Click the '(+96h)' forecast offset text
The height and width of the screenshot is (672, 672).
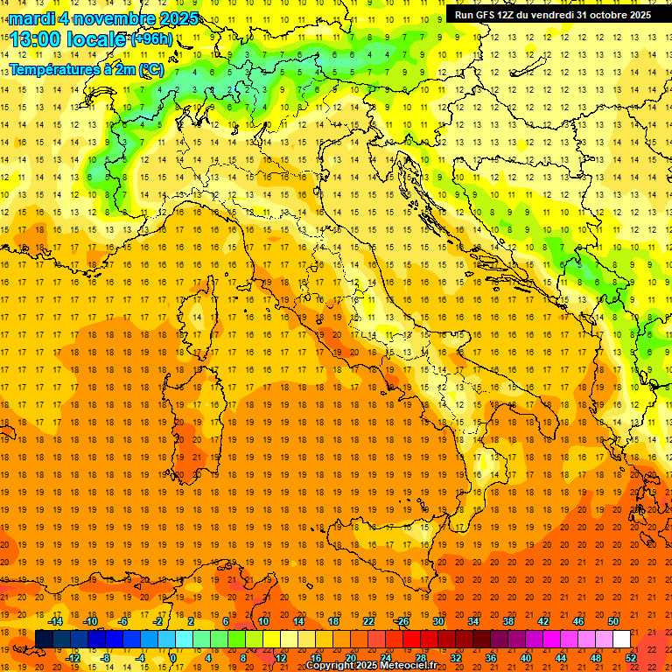point(151,39)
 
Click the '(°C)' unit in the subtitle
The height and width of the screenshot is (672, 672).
point(150,69)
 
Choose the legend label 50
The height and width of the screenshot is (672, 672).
point(613,621)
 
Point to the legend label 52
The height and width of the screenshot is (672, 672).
point(631,658)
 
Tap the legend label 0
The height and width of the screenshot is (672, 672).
point(173,658)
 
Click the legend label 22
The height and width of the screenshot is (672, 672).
point(368,621)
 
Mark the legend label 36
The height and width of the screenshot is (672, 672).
point(491,658)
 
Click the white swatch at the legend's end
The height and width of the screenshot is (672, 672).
point(622,640)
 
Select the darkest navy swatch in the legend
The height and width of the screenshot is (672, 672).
point(44,640)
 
